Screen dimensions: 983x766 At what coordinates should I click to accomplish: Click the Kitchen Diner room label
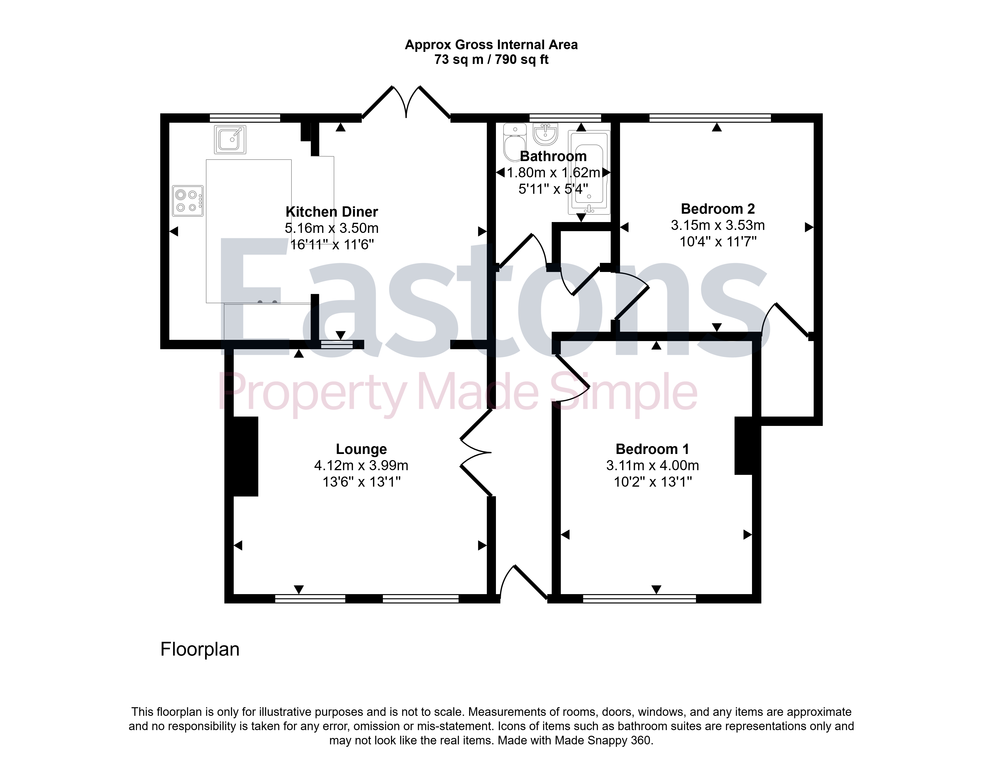pyautogui.click(x=332, y=212)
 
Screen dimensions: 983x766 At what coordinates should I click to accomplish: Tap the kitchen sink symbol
pyautogui.click(x=230, y=139)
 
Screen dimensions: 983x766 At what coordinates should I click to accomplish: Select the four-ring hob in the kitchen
pyautogui.click(x=187, y=201)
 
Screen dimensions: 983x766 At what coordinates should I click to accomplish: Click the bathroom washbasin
pyautogui.click(x=546, y=134)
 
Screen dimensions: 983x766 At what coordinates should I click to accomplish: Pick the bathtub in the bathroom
pyautogui.click(x=589, y=172)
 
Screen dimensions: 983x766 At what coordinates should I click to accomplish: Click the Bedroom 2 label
pyautogui.click(x=718, y=209)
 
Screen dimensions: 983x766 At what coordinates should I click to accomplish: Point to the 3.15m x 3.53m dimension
pyautogui.click(x=718, y=225)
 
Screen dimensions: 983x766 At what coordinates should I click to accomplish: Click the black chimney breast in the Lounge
pyautogui.click(x=246, y=456)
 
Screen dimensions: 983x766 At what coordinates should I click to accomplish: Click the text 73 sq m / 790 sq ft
pyautogui.click(x=491, y=60)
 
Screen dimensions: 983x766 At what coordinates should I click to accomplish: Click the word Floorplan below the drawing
pyautogui.click(x=200, y=649)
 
